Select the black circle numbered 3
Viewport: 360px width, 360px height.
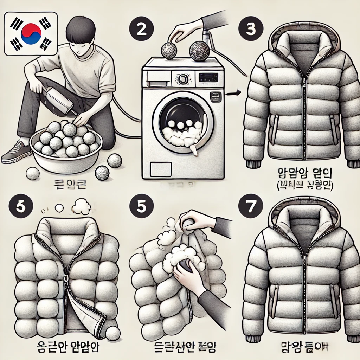pyautogui.click(x=250, y=29)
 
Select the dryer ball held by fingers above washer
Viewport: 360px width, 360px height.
pyautogui.click(x=170, y=51)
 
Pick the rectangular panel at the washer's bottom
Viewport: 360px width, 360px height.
pyautogui.click(x=161, y=169)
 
